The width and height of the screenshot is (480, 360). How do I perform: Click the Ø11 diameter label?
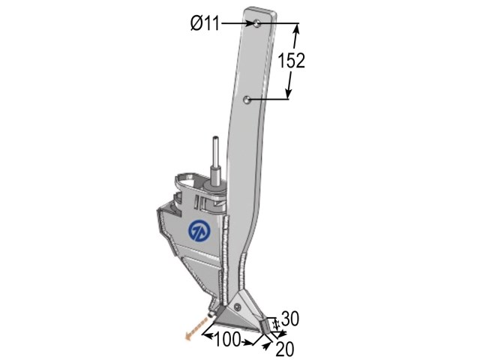[x=205, y=23]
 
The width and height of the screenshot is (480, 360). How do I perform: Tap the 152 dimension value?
[x=292, y=60]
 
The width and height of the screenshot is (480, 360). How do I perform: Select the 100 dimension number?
[x=227, y=340]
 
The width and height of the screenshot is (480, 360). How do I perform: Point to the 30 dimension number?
[x=290, y=319]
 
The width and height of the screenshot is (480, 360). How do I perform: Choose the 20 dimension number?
[x=285, y=349]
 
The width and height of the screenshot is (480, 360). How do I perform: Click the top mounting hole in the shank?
[x=257, y=23]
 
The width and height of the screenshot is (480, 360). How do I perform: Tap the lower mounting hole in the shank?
[x=247, y=100]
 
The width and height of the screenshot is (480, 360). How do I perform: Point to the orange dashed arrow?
[x=196, y=329]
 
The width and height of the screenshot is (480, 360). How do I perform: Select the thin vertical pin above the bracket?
[x=216, y=151]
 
